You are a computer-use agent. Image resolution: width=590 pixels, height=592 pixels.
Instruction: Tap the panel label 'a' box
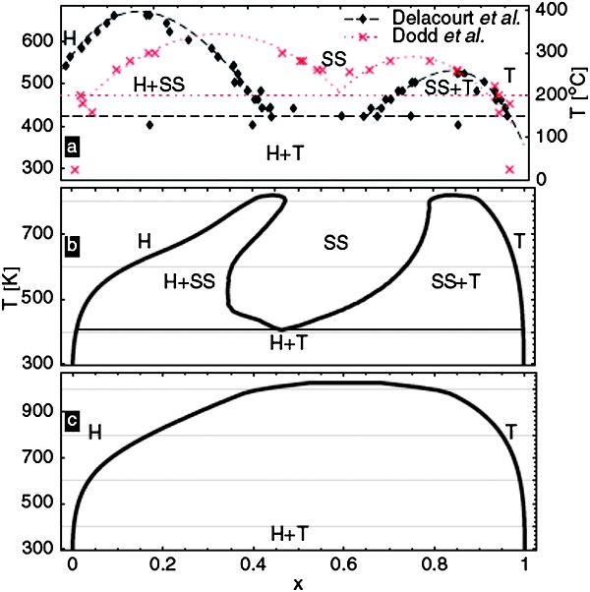point(71,148)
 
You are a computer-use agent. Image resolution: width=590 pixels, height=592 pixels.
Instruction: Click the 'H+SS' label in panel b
point(188,281)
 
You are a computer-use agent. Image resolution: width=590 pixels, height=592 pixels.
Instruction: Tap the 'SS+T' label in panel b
point(455,281)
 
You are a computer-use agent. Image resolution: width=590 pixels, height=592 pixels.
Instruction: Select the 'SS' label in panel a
point(334,59)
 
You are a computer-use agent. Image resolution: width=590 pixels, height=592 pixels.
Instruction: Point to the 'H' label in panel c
point(95,431)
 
